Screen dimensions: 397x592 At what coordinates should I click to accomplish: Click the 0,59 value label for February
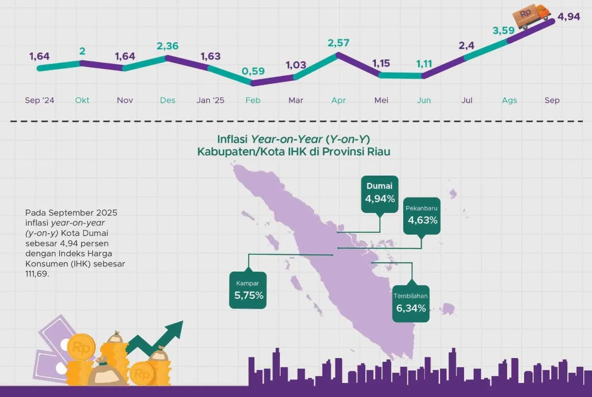(253, 71)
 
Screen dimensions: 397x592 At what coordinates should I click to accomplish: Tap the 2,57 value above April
(338, 43)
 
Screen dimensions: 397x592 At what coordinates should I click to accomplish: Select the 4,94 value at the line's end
(568, 17)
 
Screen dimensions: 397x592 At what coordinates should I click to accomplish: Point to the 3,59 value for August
(503, 31)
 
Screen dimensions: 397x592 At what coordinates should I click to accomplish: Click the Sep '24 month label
(39, 100)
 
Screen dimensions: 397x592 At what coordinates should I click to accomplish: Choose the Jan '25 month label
(210, 100)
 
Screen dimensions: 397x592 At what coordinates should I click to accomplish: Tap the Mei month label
(381, 100)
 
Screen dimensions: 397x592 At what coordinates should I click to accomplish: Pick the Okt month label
(82, 100)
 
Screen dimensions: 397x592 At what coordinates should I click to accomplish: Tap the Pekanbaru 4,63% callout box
(422, 216)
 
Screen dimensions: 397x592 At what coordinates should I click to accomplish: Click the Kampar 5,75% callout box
(248, 290)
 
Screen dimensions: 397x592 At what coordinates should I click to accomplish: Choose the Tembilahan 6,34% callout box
(411, 303)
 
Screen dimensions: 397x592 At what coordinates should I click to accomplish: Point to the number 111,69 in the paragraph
(37, 274)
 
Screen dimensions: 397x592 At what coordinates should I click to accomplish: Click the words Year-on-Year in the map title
(287, 140)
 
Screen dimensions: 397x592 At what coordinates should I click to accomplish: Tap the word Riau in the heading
(378, 152)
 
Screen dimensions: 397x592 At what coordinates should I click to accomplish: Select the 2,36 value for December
(167, 46)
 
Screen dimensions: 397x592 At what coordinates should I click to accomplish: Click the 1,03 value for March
(296, 65)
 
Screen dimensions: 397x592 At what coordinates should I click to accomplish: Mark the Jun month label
(424, 100)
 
